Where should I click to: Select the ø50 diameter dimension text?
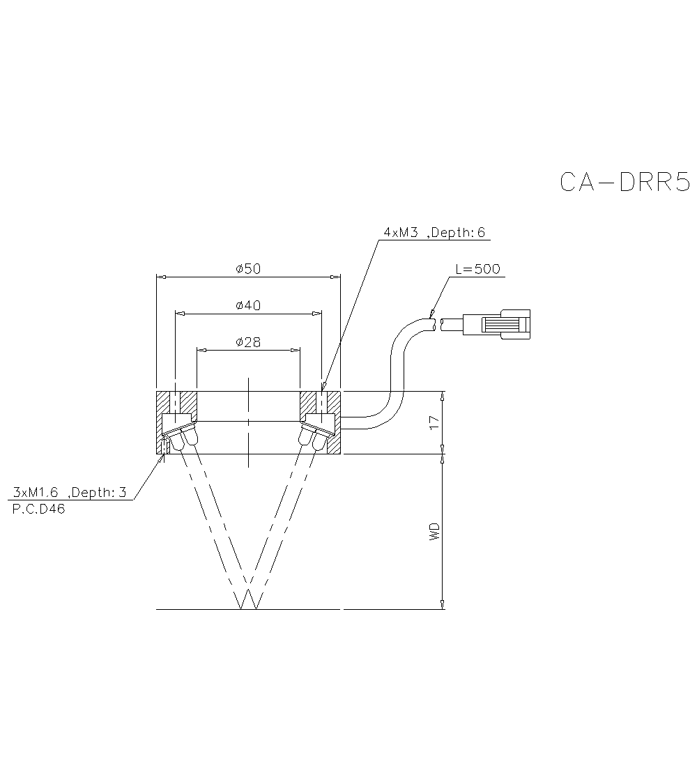pyautogui.click(x=248, y=269)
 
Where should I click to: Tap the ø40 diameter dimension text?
pyautogui.click(x=248, y=305)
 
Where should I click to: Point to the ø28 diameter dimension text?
pyautogui.click(x=248, y=342)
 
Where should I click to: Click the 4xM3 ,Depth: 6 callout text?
pyautogui.click(x=434, y=233)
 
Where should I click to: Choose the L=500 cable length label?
pyautogui.click(x=477, y=270)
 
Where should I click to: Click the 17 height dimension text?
pyautogui.click(x=434, y=422)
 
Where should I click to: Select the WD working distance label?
pyautogui.click(x=434, y=532)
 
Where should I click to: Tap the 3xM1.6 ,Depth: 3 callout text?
pyautogui.click(x=70, y=493)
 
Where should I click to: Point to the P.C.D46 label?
pyautogui.click(x=39, y=509)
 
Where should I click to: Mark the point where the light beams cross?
pyautogui.click(x=248, y=584)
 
